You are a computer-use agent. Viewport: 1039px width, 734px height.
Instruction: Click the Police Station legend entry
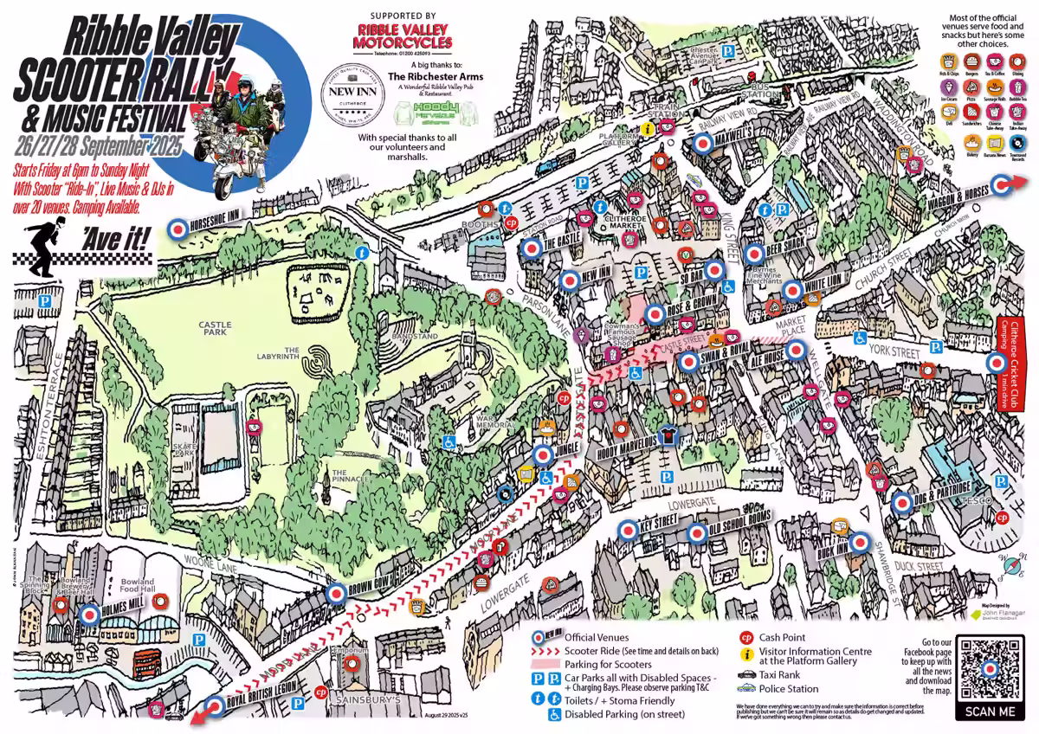(x=788, y=688)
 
